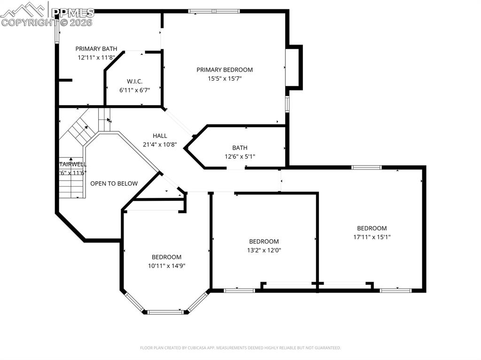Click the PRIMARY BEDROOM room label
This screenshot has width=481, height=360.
pyautogui.click(x=225, y=69)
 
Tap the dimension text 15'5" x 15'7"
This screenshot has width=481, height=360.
pyautogui.click(x=225, y=79)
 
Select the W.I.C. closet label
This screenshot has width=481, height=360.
pyautogui.click(x=134, y=81)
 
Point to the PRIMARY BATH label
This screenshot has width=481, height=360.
pyautogui.click(x=96, y=48)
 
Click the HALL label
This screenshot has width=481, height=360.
pyautogui.click(x=160, y=136)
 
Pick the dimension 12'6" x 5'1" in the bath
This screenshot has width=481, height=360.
pyautogui.click(x=240, y=157)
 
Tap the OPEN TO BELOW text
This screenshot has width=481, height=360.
pyautogui.click(x=114, y=184)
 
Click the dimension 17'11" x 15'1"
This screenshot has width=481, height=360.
pyautogui.click(x=372, y=237)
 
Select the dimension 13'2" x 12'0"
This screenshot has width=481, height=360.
pyautogui.click(x=264, y=250)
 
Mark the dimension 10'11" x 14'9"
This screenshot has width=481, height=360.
pyautogui.click(x=166, y=266)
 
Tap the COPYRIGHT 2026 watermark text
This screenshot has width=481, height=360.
pyautogui.click(x=47, y=22)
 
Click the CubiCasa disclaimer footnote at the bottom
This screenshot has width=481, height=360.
pyautogui.click(x=240, y=348)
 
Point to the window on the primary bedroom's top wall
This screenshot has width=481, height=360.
pyautogui.click(x=214, y=11)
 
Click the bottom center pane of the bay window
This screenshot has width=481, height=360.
pyautogui.click(x=166, y=312)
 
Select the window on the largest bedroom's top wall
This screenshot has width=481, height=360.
pyautogui.click(x=367, y=167)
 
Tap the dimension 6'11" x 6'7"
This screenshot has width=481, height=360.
pyautogui.click(x=134, y=90)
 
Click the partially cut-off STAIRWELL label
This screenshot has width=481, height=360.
pyautogui.click(x=73, y=164)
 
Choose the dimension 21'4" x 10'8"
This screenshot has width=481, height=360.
pyautogui.click(x=160, y=145)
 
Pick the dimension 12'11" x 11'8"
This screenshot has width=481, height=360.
pyautogui.click(x=96, y=57)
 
